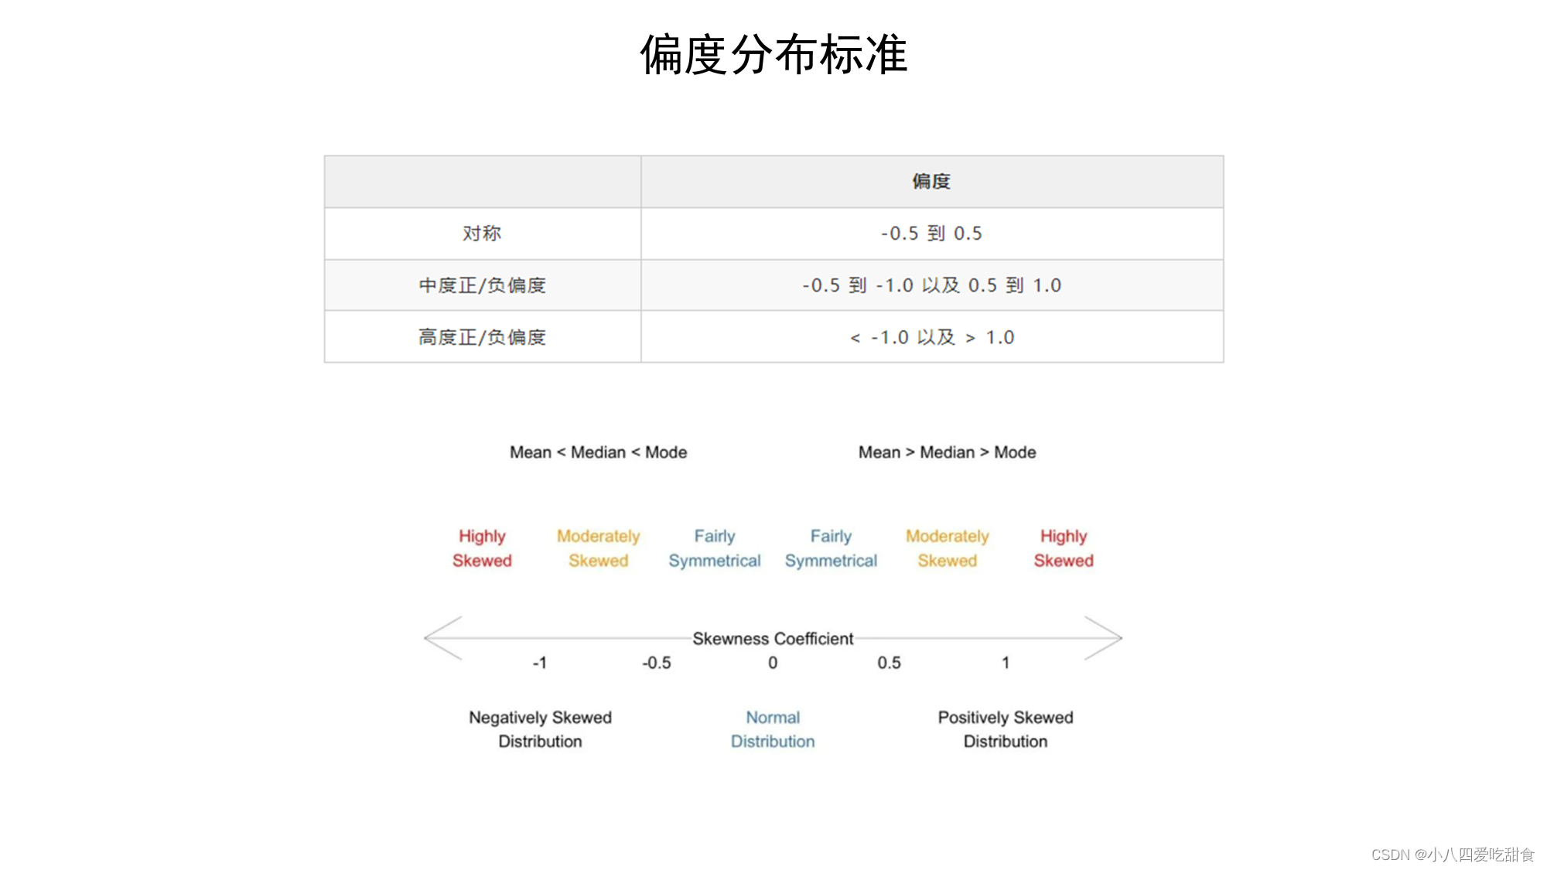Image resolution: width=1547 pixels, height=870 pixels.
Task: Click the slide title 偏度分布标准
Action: (773, 54)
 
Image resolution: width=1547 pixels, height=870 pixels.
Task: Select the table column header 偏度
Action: (931, 182)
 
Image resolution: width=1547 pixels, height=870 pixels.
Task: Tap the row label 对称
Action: (482, 234)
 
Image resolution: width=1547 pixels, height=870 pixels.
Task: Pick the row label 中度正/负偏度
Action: (482, 285)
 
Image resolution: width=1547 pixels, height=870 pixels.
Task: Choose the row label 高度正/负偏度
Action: (482, 337)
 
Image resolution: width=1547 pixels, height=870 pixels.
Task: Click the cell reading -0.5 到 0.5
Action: (931, 234)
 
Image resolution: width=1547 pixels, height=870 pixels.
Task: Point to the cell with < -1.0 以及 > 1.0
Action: (931, 337)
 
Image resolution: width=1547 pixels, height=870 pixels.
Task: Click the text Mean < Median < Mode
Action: (598, 452)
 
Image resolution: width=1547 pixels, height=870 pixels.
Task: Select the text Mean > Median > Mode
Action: (947, 452)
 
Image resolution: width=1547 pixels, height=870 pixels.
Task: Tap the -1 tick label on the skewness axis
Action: (540, 663)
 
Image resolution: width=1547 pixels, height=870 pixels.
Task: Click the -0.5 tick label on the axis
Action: (656, 663)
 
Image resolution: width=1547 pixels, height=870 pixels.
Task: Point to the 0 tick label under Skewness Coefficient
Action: (773, 663)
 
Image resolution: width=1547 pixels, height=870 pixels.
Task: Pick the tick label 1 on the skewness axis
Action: (1006, 663)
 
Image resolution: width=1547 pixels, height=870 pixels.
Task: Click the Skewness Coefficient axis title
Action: (773, 639)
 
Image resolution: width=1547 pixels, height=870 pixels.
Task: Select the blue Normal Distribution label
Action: (773, 729)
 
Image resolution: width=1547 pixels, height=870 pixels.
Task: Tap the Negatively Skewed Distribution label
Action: (540, 729)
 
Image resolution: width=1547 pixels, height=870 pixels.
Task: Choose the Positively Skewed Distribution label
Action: (1006, 729)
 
